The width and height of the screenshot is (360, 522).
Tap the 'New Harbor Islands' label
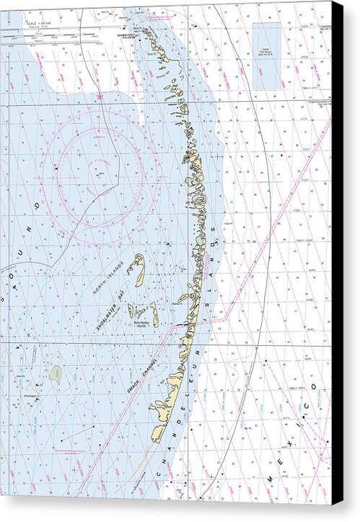click(x=142, y=326)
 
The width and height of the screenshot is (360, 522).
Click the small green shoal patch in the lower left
click(x=56, y=373)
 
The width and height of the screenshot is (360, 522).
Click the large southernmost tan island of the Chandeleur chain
click(x=158, y=431)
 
